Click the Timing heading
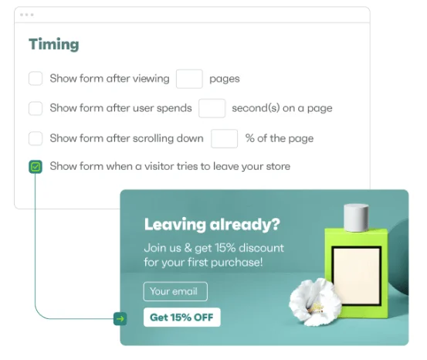[x=54, y=45]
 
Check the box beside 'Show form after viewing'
[x=36, y=79]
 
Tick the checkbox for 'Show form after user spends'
[x=36, y=108]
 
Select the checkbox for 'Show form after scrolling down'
[x=36, y=138]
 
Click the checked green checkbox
[x=36, y=167]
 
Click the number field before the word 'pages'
[x=189, y=79]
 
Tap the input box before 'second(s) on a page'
[x=212, y=108]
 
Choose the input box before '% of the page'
[x=224, y=138]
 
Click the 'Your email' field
[x=175, y=291]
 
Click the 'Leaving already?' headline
[x=212, y=225]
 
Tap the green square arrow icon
[x=120, y=318]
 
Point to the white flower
[x=314, y=302]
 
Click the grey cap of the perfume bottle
[x=356, y=218]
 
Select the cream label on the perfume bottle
[x=357, y=276]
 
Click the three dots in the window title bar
[x=27, y=15]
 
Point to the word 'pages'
[x=225, y=79]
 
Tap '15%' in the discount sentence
[x=225, y=248]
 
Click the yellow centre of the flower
[x=317, y=307]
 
